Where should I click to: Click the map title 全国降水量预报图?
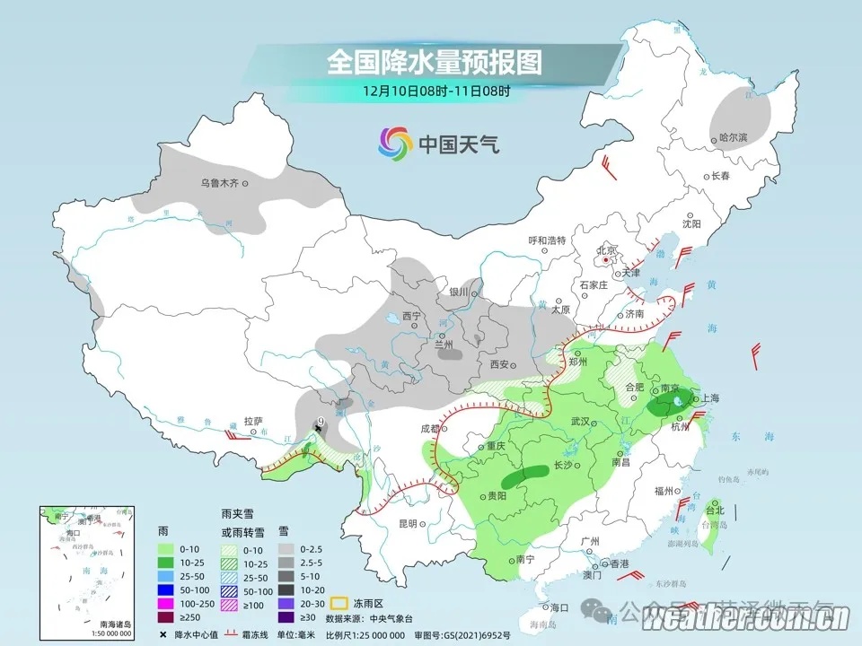[x=435, y=62]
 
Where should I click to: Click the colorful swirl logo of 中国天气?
[x=394, y=141]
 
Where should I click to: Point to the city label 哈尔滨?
[x=733, y=137]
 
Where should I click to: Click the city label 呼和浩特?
[x=546, y=240]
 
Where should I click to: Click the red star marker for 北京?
[x=607, y=261]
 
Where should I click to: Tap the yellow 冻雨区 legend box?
[x=338, y=603]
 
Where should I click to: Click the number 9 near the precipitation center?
[x=321, y=422]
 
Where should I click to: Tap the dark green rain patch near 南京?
[x=673, y=402]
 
